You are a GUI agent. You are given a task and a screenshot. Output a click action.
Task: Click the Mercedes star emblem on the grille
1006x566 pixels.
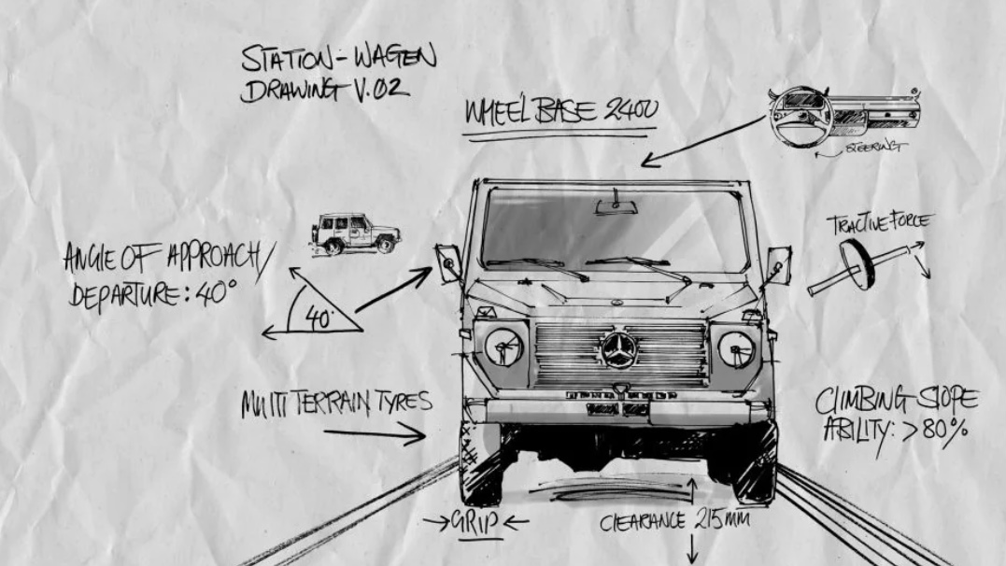(x=618, y=351)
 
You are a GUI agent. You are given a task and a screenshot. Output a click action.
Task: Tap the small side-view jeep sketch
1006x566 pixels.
(x=355, y=233)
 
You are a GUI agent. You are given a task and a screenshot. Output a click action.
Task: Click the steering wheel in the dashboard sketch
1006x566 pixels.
(x=801, y=116)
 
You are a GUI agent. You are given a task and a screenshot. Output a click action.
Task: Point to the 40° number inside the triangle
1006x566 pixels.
(x=319, y=318)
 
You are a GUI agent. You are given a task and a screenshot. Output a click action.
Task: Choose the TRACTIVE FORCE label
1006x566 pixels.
(x=878, y=223)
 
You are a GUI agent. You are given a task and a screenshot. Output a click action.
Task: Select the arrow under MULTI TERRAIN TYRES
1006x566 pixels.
(x=374, y=433)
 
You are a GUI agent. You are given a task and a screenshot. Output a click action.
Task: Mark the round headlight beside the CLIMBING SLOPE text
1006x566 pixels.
(x=736, y=348)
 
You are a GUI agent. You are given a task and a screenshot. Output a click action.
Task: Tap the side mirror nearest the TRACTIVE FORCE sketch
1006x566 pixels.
(x=777, y=264)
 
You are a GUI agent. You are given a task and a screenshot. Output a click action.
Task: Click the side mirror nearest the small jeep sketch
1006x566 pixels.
(x=447, y=262)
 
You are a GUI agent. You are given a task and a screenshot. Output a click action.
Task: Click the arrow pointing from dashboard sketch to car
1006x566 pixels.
(x=702, y=142)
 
